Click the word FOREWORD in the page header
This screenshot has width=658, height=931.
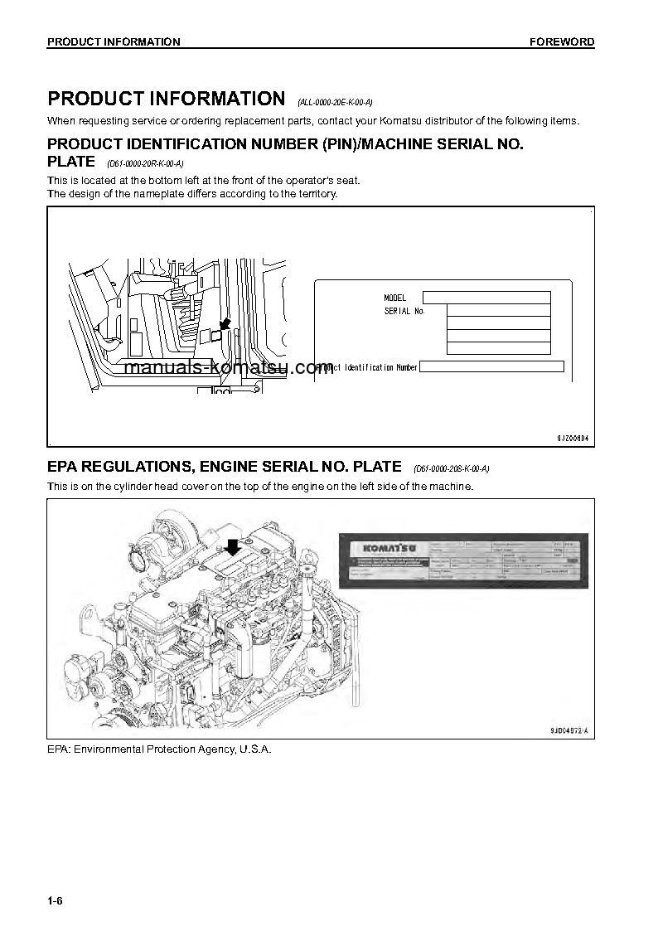pos(562,42)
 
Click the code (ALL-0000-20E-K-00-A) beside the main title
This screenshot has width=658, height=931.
pos(335,103)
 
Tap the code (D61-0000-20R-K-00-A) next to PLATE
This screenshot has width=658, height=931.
pos(145,164)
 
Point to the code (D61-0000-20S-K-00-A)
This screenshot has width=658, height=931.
pos(451,469)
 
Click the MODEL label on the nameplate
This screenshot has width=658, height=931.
pos(395,298)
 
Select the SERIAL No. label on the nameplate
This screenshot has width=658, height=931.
pos(404,312)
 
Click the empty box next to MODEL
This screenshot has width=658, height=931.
pos(486,298)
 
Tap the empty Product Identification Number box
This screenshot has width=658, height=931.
pos(491,366)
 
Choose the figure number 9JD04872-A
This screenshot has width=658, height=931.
pos(573,730)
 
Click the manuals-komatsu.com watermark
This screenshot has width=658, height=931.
pos(229,367)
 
